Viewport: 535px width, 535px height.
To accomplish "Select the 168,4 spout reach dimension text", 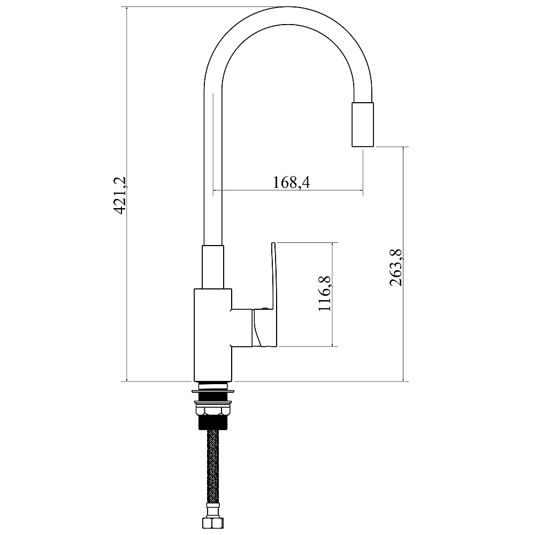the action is tap(292, 182).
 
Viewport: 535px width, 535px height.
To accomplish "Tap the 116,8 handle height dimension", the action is tap(325, 293).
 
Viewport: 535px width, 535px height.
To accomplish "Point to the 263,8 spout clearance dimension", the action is tap(396, 267).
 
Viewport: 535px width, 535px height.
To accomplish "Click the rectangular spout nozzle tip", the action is tap(363, 124).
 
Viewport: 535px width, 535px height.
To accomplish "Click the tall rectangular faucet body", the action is tap(213, 335).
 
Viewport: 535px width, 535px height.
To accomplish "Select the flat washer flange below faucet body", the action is tap(213, 391).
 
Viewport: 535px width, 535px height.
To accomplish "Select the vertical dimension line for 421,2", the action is tap(127, 194).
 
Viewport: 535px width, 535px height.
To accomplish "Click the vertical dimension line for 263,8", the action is tap(403, 264).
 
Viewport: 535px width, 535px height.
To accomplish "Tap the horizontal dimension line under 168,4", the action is tap(288, 190).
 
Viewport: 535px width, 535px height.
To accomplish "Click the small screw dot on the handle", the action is tap(265, 308).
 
